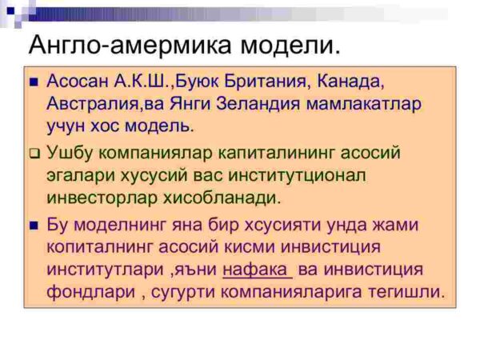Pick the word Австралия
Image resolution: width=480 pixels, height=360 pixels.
[x=93, y=104]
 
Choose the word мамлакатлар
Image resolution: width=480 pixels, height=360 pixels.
[x=364, y=105]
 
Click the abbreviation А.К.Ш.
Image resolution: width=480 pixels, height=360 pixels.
[x=142, y=82]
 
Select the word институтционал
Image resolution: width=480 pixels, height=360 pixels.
[x=298, y=176]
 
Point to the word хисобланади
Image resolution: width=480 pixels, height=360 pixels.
[x=222, y=198]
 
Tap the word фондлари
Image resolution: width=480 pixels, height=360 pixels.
[x=91, y=292]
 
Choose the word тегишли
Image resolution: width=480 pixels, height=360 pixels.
[x=406, y=292]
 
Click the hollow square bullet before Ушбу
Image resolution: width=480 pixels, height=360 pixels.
[x=35, y=154]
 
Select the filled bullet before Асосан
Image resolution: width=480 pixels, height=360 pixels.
[x=34, y=82]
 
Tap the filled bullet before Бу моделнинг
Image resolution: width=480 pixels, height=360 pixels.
[x=34, y=226]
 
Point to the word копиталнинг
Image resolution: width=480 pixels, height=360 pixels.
[x=102, y=247]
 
